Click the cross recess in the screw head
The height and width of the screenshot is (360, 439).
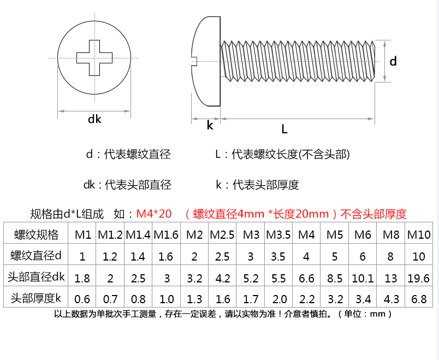(x=95, y=57)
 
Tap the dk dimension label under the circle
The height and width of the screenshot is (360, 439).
(x=94, y=119)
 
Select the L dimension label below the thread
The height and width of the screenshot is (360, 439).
(x=284, y=129)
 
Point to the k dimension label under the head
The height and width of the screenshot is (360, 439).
(x=210, y=126)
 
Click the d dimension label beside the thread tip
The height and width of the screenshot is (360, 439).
(x=393, y=62)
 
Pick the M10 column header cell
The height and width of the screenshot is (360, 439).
(x=419, y=235)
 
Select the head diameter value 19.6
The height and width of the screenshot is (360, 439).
(x=419, y=278)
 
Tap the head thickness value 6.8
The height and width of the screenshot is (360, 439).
(x=419, y=299)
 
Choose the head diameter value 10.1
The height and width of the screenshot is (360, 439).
(x=363, y=278)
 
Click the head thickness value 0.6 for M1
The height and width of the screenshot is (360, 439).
(x=82, y=299)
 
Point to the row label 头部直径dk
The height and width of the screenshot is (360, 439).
(x=36, y=278)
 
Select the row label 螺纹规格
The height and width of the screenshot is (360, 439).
(x=36, y=235)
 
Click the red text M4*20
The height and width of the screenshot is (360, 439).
(x=154, y=214)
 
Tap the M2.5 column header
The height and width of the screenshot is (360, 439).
(x=222, y=235)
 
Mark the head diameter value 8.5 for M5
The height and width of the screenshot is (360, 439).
(x=335, y=278)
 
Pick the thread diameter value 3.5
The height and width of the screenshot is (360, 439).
(x=278, y=256)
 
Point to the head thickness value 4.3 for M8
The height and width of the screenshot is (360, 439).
(x=391, y=299)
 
